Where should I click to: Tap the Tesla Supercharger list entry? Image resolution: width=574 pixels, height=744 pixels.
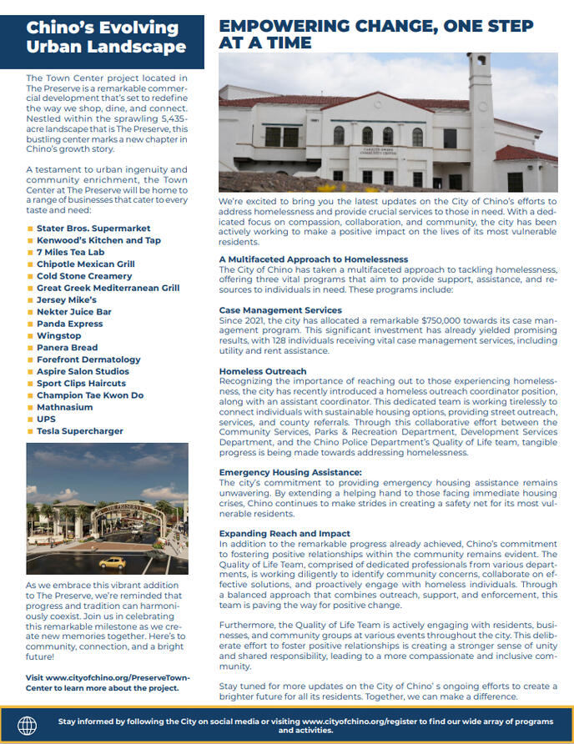tap(79, 431)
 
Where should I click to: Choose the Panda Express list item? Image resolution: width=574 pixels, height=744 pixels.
tap(69, 324)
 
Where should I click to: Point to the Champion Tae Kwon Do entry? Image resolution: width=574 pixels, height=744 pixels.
tap(90, 395)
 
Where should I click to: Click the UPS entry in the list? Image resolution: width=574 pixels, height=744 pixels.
tap(46, 420)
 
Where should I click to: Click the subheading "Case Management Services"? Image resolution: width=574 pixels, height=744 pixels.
tap(280, 310)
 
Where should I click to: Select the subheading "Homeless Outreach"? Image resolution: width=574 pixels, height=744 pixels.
tap(263, 371)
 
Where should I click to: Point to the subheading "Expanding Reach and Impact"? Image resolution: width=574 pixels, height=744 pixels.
tap(284, 534)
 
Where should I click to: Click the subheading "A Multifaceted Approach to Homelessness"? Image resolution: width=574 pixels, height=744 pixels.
tap(314, 259)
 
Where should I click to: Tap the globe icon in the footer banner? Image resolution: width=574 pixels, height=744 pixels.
tap(28, 725)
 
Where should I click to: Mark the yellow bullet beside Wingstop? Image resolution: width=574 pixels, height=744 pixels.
tap(29, 336)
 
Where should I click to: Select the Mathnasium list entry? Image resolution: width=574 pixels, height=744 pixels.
tap(64, 407)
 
